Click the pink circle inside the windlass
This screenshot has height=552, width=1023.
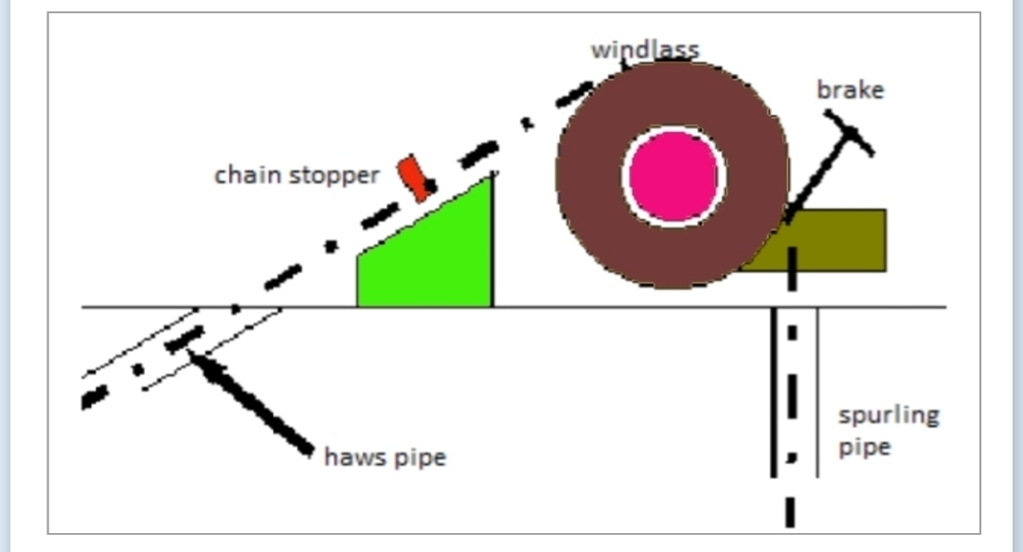(x=673, y=177)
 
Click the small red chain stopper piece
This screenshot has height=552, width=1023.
(x=414, y=177)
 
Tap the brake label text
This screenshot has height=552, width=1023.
(x=850, y=90)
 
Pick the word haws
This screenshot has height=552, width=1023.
(x=351, y=458)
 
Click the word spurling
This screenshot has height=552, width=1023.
(x=888, y=416)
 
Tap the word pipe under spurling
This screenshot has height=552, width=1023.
(x=864, y=447)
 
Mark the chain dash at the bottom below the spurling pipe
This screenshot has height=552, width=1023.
(x=790, y=510)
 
